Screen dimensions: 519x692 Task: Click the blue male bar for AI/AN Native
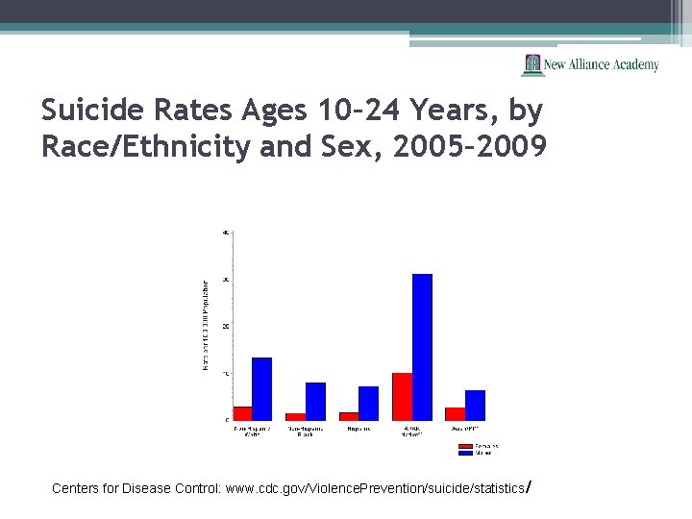coord(422,347)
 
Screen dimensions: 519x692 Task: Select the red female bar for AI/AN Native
coord(403,396)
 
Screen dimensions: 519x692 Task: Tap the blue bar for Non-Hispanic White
coord(261,388)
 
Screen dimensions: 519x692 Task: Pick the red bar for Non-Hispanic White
coord(242,413)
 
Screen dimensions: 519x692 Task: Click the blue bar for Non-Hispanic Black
coord(315,401)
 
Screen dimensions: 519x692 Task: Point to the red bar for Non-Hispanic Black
coord(296,416)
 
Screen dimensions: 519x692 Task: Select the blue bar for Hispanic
coord(369,403)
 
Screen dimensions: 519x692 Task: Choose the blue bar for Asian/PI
coord(475,405)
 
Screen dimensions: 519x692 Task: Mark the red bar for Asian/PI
coord(456,413)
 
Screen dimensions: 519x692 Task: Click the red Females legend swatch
coord(465,446)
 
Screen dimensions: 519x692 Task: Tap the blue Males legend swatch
coord(465,453)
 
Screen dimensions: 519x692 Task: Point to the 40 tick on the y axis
coord(226,232)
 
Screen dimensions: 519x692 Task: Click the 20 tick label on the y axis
coord(226,326)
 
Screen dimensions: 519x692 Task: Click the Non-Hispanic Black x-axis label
coord(305,432)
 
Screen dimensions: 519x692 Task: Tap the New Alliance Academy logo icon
coord(532,64)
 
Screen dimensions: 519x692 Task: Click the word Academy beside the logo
coord(635,64)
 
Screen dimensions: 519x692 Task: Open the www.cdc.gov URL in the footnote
coord(374,488)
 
